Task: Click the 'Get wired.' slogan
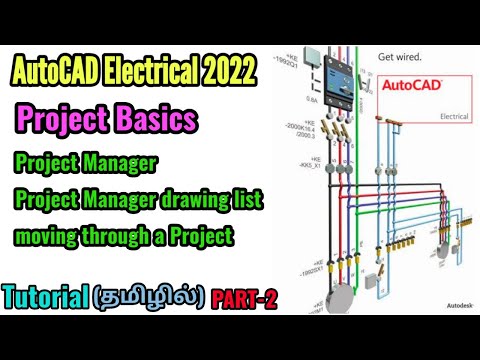[x=400, y=57]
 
